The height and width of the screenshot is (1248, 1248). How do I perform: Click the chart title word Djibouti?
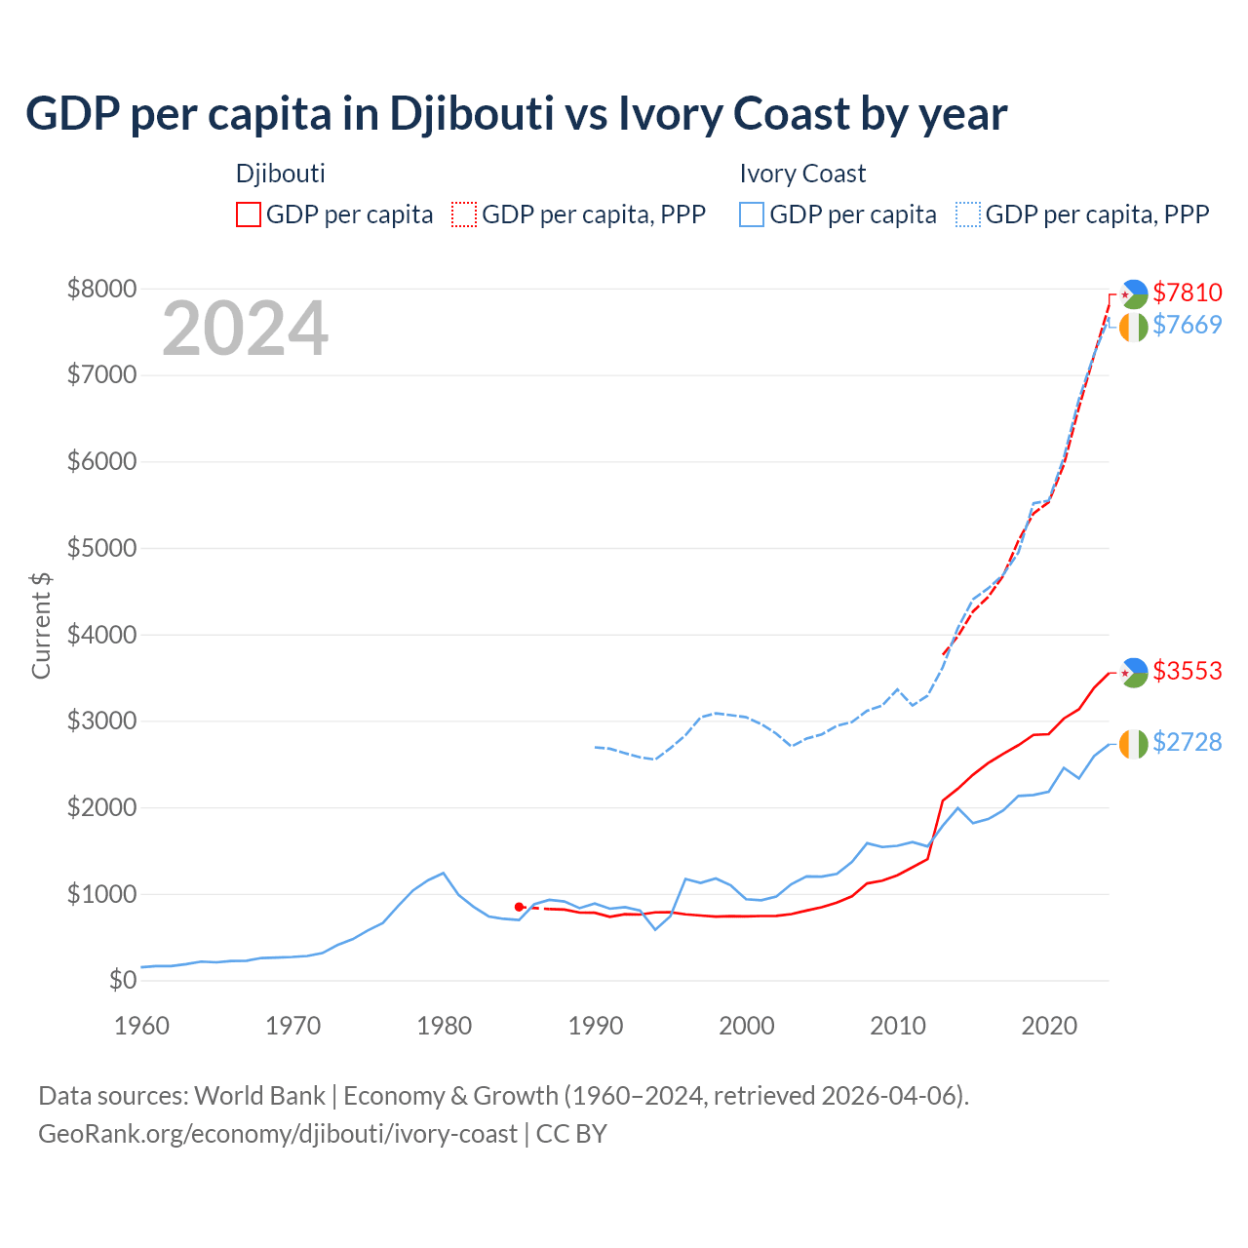tap(471, 114)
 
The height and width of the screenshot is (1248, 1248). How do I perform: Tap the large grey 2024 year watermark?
tap(245, 330)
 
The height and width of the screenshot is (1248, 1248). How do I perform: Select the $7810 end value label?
tap(1187, 292)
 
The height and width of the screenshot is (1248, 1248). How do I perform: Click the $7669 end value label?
tap(1187, 326)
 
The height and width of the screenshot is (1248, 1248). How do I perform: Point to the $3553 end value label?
tap(1187, 671)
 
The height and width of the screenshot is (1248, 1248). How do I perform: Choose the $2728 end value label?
tap(1187, 743)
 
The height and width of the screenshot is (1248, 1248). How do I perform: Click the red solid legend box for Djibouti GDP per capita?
tap(249, 214)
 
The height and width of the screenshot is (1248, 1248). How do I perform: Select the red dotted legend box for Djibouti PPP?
tap(465, 214)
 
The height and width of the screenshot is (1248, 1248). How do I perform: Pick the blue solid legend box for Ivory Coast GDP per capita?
tap(752, 214)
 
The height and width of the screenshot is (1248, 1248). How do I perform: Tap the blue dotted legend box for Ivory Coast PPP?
tap(968, 214)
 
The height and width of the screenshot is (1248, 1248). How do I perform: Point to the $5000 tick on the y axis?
tap(101, 548)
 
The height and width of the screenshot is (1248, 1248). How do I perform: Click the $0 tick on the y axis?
tap(122, 981)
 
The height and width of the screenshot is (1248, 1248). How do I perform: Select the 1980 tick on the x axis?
tap(445, 1026)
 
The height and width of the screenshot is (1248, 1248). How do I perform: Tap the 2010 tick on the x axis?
tap(898, 1026)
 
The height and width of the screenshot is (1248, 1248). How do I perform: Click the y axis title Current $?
tap(41, 625)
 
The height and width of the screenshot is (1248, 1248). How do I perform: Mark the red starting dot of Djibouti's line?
tap(519, 907)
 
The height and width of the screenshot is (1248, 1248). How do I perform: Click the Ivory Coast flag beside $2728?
tap(1133, 744)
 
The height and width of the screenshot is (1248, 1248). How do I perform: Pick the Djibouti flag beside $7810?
tap(1133, 293)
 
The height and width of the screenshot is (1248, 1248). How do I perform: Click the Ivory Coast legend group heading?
tap(802, 174)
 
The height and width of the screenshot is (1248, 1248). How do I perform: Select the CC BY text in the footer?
tap(571, 1134)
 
